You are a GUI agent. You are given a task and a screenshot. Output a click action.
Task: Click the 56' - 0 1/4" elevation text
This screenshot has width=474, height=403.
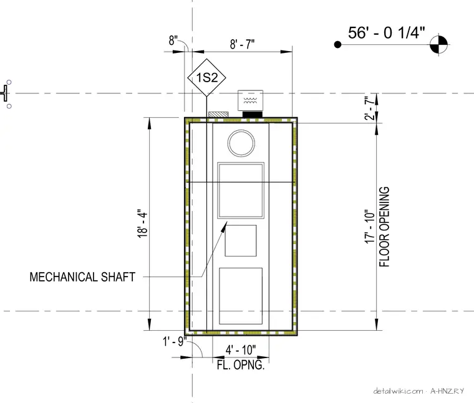(386, 32)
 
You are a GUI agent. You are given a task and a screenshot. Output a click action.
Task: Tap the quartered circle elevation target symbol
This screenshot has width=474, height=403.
(438, 44)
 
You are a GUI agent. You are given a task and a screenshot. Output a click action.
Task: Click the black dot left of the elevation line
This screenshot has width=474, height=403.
(337, 45)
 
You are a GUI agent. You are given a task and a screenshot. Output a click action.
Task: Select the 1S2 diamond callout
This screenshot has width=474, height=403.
(206, 78)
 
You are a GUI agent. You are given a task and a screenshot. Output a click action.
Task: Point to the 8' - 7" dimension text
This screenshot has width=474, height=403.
(242, 44)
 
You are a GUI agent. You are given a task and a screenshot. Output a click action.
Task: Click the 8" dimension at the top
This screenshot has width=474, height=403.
(173, 40)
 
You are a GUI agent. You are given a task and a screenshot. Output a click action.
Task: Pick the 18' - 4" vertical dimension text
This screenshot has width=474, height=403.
(142, 224)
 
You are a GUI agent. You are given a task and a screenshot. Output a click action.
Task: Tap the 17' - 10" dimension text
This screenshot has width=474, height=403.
(369, 226)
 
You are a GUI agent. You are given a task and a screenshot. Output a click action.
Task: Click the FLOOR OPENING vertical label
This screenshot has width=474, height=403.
(384, 227)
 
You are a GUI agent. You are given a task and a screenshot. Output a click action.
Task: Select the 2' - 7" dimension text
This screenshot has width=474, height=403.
(369, 108)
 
